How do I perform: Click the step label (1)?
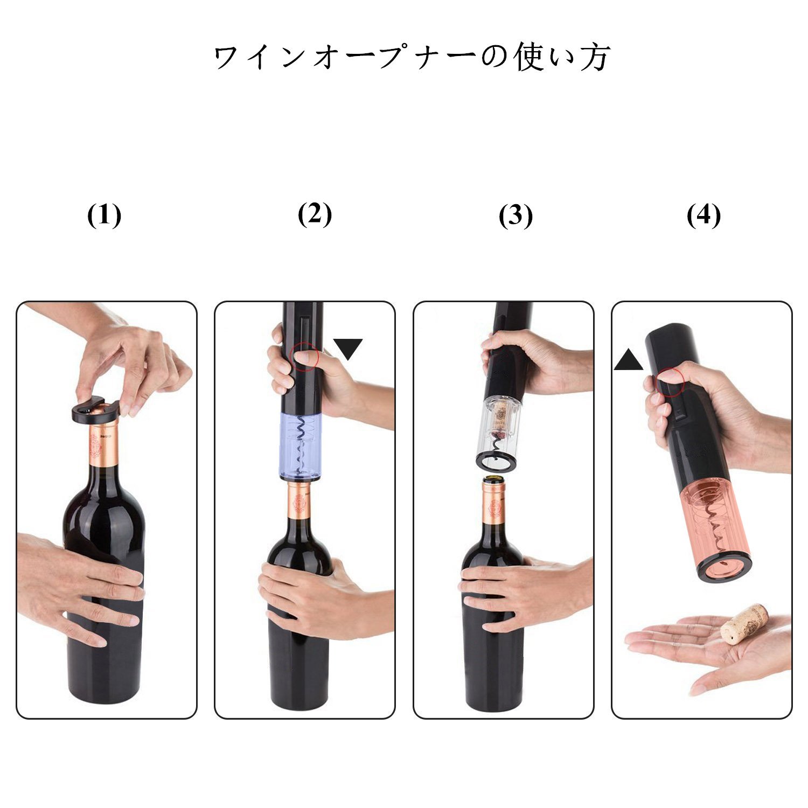[x=104, y=217]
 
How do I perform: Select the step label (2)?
[x=315, y=214]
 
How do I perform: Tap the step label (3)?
[x=516, y=217]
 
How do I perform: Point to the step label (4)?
[x=703, y=217]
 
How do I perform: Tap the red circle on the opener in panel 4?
[x=670, y=382]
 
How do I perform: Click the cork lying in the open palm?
[x=744, y=624]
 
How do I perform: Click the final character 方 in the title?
[x=595, y=58]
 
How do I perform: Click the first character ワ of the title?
[x=228, y=58]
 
